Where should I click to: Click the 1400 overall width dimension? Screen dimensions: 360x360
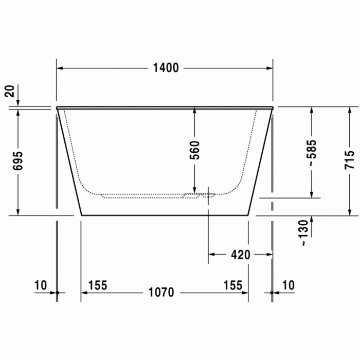165,68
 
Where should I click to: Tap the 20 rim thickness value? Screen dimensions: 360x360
9,92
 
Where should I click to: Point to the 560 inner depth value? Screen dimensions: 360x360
194,150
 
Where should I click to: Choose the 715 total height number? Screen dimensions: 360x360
349,160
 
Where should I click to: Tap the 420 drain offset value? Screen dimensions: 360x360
240,254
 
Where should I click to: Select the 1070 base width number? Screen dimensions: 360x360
161,293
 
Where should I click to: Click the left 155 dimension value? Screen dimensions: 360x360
97,285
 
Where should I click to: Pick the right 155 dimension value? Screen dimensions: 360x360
232,285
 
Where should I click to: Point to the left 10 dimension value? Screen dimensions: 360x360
41,285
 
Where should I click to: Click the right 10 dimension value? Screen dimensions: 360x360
289,285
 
